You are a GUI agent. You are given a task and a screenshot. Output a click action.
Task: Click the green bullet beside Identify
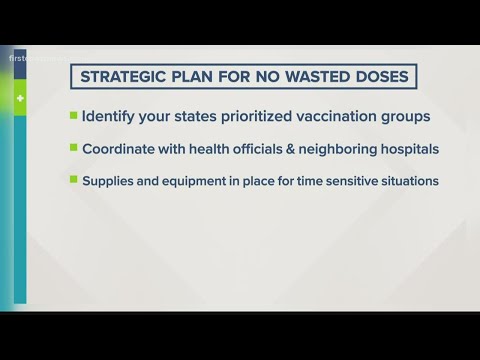tap(72, 115)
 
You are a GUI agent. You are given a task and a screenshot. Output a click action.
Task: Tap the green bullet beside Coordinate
tap(72, 148)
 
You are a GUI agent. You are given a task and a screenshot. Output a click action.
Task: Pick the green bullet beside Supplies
tap(72, 181)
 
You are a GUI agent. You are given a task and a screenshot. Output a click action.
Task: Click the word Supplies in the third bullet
tap(107, 182)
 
